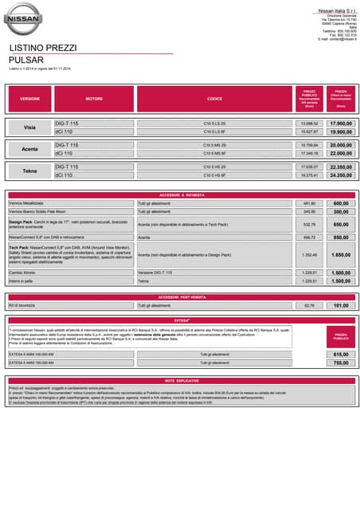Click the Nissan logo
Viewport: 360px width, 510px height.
(x=24, y=18)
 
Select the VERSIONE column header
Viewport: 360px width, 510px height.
(x=30, y=99)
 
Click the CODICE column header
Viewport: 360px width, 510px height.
(x=214, y=99)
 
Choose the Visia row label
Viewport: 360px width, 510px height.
(x=30, y=127)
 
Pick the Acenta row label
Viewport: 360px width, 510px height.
(x=30, y=149)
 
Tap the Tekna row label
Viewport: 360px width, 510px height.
(x=30, y=171)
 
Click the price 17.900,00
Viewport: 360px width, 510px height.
(x=340, y=124)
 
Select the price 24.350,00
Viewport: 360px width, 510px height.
(x=340, y=175)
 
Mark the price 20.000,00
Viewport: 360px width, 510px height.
(x=340, y=145)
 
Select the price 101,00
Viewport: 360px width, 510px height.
(x=340, y=305)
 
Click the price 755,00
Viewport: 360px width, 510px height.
(x=340, y=363)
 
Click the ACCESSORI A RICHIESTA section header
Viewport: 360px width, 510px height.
(x=180, y=194)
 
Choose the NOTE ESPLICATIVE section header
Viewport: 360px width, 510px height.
(x=180, y=381)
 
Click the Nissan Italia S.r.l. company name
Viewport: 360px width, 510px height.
(x=337, y=10)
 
